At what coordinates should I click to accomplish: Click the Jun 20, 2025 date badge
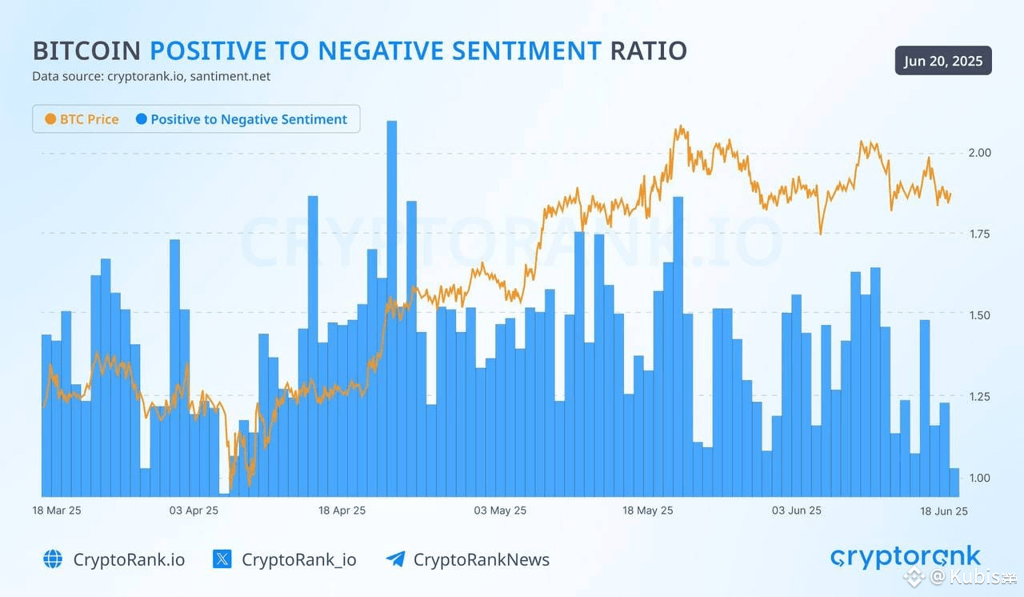click(x=943, y=61)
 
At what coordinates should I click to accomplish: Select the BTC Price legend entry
click(x=82, y=119)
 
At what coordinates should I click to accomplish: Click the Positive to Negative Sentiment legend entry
click(x=242, y=119)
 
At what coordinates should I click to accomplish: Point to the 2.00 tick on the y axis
click(x=978, y=153)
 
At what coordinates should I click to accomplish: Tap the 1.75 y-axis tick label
click(x=978, y=234)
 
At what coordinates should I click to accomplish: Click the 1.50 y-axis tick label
click(x=978, y=315)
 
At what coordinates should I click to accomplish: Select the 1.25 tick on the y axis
click(x=978, y=396)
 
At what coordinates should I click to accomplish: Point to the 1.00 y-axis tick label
click(x=978, y=478)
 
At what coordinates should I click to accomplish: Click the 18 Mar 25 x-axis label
click(x=56, y=511)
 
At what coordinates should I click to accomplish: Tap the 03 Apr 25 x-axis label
click(x=194, y=511)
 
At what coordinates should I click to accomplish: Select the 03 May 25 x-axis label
click(x=500, y=511)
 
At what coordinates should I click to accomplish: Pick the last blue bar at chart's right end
click(x=954, y=483)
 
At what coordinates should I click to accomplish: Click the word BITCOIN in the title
click(x=86, y=51)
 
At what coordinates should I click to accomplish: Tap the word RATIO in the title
click(x=648, y=51)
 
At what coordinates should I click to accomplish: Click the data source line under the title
click(x=151, y=77)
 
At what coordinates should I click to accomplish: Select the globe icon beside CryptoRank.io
click(x=53, y=559)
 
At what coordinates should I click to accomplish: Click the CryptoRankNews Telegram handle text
click(x=481, y=559)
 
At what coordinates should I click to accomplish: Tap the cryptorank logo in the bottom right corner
click(x=905, y=557)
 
